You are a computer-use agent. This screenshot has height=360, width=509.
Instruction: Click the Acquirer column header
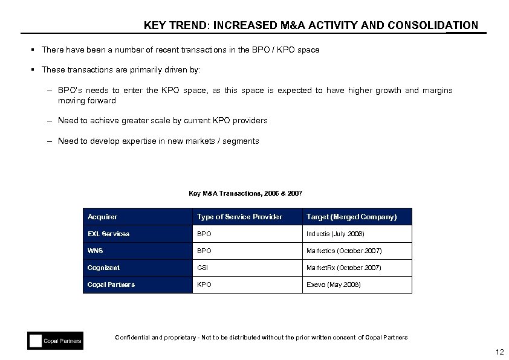(x=103, y=217)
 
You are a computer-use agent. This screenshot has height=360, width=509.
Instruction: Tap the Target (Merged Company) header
(x=351, y=217)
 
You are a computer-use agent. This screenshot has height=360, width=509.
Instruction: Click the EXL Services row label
(x=108, y=234)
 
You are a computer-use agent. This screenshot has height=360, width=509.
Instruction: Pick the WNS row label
(x=95, y=251)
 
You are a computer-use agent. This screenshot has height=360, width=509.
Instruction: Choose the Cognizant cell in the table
(x=103, y=268)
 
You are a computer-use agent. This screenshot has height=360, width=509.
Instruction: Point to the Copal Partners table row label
(x=111, y=284)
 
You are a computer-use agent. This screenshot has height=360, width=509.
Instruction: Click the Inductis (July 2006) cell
(x=335, y=234)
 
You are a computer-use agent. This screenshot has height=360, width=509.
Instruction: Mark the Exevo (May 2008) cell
(x=333, y=284)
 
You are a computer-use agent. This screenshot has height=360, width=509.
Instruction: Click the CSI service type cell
(x=201, y=268)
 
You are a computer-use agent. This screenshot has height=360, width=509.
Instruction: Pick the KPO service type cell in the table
(x=203, y=284)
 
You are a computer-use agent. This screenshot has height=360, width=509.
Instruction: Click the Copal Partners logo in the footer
(x=55, y=341)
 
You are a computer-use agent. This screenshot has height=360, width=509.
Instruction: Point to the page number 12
(x=499, y=353)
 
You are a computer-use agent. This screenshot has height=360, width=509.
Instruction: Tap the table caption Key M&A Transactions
(x=245, y=193)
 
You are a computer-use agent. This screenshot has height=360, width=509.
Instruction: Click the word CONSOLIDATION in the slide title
(x=432, y=25)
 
